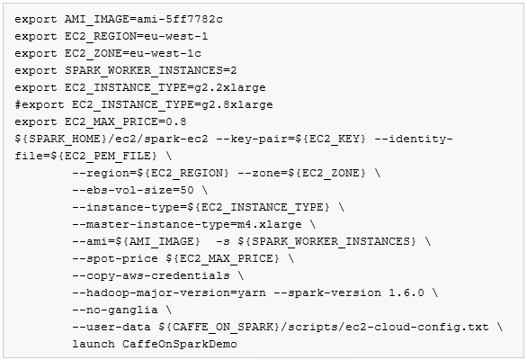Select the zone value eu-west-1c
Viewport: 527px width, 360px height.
coord(165,53)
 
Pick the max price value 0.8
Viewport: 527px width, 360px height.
coord(175,121)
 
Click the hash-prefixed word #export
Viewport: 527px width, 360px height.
coord(40,104)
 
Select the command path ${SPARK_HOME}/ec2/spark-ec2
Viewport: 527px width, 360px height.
coord(112,139)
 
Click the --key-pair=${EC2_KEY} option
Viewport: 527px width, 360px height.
coord(290,139)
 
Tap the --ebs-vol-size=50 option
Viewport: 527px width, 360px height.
coord(133,191)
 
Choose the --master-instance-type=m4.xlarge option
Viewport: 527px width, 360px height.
coord(187,224)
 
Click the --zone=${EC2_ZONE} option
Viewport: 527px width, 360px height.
coord(301,174)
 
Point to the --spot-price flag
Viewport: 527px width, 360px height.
coord(115,258)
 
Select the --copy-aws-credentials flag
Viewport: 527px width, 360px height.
coord(151,276)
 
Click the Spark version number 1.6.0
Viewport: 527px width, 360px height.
coord(406,292)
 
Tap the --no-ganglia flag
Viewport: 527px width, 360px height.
coord(115,310)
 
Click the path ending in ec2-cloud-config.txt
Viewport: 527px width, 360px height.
coord(324,327)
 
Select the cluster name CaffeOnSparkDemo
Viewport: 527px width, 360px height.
coord(180,344)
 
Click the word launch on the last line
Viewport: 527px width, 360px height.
coord(94,344)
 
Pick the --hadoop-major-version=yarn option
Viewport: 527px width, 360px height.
coord(169,293)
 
